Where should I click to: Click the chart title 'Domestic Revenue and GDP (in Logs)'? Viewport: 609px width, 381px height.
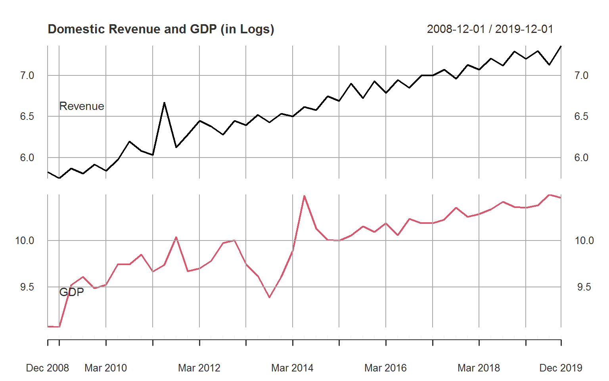point(161,29)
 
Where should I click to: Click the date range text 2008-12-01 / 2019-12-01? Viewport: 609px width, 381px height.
point(490,29)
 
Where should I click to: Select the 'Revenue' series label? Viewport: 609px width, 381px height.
point(82,106)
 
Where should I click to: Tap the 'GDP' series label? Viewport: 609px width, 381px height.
point(71,292)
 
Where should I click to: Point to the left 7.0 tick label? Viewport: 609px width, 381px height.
point(27,75)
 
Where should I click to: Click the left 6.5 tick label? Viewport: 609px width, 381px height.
point(27,117)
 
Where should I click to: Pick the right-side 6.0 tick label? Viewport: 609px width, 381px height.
point(581,158)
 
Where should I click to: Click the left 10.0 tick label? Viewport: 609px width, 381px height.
point(25,241)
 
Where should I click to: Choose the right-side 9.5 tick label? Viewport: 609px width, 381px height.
point(584,287)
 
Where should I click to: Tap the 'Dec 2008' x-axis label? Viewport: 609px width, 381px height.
point(47,368)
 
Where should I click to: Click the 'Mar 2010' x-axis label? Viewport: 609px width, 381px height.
point(105,368)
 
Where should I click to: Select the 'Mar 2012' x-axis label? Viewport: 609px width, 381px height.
point(199,368)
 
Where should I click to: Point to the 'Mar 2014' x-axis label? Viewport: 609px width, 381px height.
point(292,368)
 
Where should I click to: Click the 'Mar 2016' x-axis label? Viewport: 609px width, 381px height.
point(385,368)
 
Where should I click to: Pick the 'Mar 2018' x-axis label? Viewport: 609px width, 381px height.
point(479,368)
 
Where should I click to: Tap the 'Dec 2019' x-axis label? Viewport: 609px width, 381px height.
point(561,368)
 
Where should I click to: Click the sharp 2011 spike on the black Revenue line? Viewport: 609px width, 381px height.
point(164,103)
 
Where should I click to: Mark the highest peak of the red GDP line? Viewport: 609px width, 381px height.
point(304,196)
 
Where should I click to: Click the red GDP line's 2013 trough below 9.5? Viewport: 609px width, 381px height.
point(269,297)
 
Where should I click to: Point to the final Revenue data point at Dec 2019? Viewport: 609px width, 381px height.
point(561,46)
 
